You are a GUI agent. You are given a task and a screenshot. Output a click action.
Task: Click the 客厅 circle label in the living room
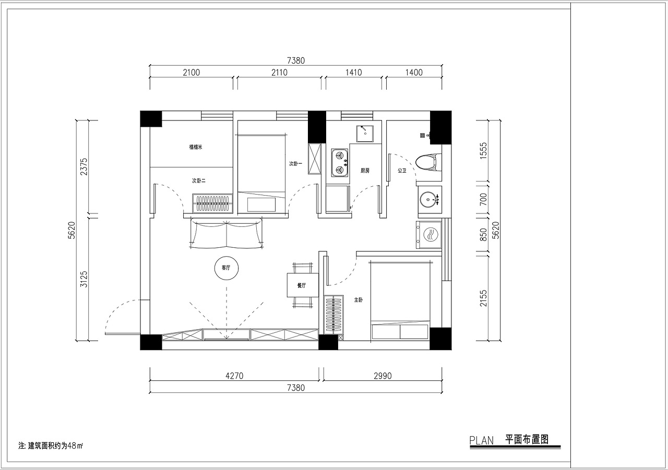226,268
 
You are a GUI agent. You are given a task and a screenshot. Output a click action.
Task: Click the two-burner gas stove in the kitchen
340,162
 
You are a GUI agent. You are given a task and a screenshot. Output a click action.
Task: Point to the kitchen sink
365,134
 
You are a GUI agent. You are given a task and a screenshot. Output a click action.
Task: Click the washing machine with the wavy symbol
429,235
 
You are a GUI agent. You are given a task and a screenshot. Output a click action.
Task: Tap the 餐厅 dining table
303,285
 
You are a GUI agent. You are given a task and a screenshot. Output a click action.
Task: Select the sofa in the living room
226,233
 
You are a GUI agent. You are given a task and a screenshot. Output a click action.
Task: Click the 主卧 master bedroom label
359,300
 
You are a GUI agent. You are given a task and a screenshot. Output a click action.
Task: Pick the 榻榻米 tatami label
196,147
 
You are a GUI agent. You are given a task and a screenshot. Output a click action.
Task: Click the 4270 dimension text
234,376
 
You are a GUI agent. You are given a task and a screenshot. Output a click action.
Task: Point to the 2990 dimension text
383,376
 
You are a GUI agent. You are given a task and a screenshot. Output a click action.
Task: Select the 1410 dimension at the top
354,73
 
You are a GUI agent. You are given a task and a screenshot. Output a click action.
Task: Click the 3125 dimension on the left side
84,279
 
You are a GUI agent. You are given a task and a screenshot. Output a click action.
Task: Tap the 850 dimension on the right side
483,235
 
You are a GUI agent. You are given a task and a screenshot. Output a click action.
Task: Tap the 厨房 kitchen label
365,171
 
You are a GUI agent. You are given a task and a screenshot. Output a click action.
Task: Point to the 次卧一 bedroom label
295,164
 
